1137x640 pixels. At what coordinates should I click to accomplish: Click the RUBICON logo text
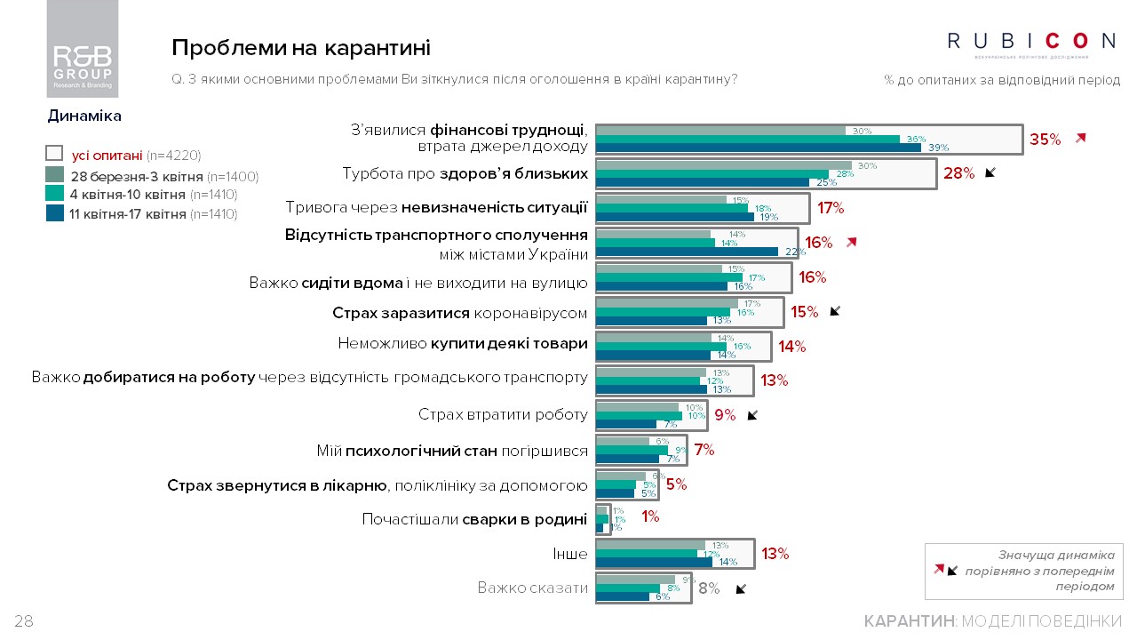pos(1031,41)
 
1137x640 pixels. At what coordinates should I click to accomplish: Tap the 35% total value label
pos(1045,140)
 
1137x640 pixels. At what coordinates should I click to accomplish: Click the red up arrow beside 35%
pos(1080,139)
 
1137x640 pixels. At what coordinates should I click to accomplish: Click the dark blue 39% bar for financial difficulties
pos(757,148)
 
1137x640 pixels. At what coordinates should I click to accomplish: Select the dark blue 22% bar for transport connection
pos(686,252)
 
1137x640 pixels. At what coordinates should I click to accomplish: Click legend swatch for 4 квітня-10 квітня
pos(54,194)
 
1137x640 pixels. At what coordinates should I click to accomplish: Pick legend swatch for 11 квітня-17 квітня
pos(54,213)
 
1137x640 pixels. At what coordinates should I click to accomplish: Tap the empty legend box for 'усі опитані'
pos(54,154)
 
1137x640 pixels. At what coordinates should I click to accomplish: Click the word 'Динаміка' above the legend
pos(84,116)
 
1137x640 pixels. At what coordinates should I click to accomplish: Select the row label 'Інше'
pos(570,554)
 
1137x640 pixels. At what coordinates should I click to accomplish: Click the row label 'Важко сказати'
pos(532,588)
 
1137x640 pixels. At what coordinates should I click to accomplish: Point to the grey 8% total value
pos(708,588)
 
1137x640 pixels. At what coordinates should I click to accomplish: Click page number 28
pos(24,621)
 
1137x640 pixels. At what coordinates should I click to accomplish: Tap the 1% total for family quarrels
pos(650,517)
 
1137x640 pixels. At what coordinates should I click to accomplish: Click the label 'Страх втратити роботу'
pos(503,415)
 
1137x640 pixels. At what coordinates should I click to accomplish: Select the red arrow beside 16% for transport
pos(851,242)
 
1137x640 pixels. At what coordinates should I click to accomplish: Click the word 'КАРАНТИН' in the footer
pos(907,621)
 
